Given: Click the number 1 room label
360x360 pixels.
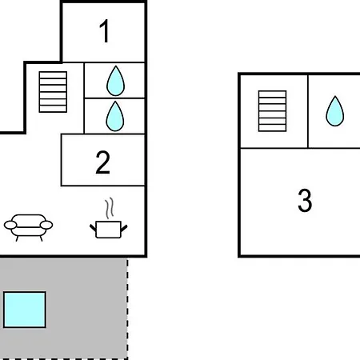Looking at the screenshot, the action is coord(104,31).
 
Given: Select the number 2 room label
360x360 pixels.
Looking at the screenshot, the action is coord(103,162).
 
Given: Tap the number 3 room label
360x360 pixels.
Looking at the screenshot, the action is coord(305,200).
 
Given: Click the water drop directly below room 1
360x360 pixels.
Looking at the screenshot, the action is coord(115,81).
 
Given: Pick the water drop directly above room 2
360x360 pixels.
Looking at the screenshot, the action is coord(115,116).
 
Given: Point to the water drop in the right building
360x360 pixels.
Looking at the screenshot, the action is coord(335,111).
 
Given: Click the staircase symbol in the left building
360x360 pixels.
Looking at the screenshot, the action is coord(53,92).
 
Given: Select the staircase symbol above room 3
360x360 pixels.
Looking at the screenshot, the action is coord(272,111).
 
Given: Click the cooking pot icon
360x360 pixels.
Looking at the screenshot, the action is coord(108,230).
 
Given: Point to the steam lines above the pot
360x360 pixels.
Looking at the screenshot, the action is coord(110,208).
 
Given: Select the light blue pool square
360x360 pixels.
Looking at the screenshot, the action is coord(25,310).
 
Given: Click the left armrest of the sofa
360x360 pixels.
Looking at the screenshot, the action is coord(10,225).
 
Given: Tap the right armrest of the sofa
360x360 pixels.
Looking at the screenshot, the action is coord(46,225).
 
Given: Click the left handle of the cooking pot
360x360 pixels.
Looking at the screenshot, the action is coord(93,228).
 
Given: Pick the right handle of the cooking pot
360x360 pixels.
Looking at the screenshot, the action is coord(124,228).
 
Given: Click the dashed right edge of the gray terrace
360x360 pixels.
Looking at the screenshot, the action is coord(127,309).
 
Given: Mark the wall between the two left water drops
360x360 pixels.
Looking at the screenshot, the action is coord(114,98).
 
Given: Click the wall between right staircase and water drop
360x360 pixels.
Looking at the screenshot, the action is coord(308,111).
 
